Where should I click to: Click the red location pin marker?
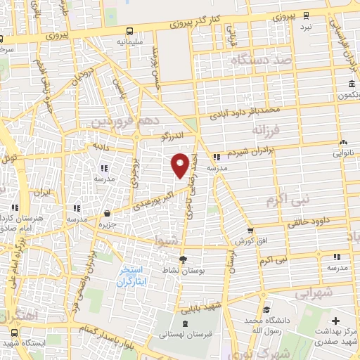[x=180, y=165]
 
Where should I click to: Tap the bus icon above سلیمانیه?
[x=130, y=31]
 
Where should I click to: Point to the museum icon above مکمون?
[x=350, y=86]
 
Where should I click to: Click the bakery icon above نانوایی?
[x=342, y=143]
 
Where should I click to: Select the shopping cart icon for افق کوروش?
[x=250, y=231]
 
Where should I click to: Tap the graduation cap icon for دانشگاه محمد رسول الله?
[x=266, y=309]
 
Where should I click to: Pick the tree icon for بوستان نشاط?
[x=183, y=259]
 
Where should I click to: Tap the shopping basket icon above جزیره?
[x=106, y=213]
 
